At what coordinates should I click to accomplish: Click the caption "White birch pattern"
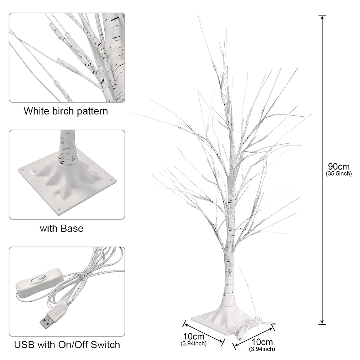click(x=66, y=111)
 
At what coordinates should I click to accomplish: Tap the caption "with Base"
click(x=61, y=228)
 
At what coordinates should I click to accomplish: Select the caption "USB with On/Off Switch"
click(x=67, y=345)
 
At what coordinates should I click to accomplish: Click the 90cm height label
click(x=339, y=167)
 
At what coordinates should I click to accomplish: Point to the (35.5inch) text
click(x=339, y=174)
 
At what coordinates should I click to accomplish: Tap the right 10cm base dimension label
click(x=262, y=342)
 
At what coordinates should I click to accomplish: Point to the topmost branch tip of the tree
click(x=198, y=16)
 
